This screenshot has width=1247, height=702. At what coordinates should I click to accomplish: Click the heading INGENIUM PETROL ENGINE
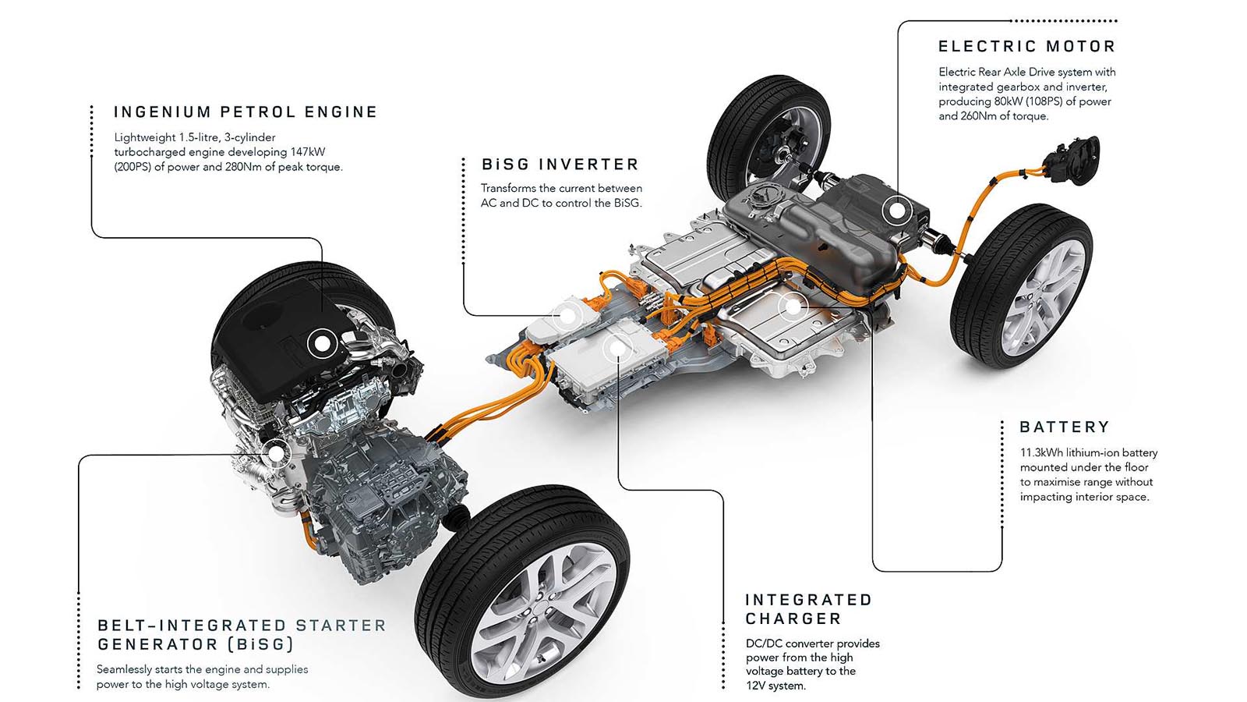246,112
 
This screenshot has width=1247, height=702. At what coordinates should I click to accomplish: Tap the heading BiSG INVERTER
560,165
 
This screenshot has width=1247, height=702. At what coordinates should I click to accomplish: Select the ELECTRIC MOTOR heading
1026,47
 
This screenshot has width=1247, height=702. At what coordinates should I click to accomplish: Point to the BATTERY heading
1065,427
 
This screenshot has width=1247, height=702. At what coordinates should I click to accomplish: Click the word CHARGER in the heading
793,619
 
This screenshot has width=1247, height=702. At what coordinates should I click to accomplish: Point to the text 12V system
775,686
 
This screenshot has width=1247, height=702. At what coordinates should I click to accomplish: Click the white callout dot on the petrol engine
322,343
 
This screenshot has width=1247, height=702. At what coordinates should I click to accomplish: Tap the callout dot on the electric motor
897,211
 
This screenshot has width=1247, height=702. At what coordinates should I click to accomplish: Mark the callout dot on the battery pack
793,307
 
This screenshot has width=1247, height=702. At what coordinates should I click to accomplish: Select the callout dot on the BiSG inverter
567,316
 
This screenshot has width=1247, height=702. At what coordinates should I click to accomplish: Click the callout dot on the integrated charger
616,349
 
